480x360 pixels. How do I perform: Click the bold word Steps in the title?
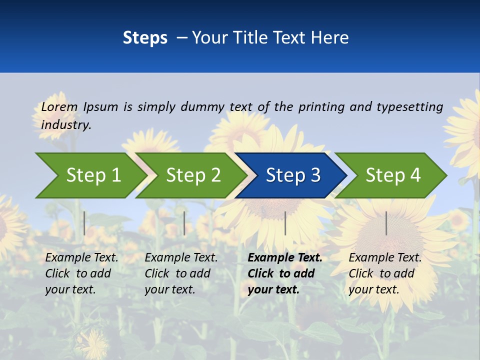click(x=145, y=38)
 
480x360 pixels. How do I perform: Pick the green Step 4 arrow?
click(x=393, y=175)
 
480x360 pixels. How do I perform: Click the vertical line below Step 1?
click(x=84, y=223)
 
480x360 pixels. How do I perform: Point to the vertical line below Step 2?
click(x=184, y=223)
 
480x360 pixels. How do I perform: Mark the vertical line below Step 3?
click(x=285, y=223)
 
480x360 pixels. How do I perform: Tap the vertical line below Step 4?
click(x=386, y=223)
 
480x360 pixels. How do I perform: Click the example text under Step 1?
click(x=81, y=273)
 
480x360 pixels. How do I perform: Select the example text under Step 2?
click(x=181, y=273)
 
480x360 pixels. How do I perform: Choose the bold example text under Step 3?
click(x=284, y=273)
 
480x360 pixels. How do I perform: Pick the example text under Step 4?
click(x=385, y=273)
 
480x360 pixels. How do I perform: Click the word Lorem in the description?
click(x=59, y=107)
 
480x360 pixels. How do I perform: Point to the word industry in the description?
click(x=66, y=125)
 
